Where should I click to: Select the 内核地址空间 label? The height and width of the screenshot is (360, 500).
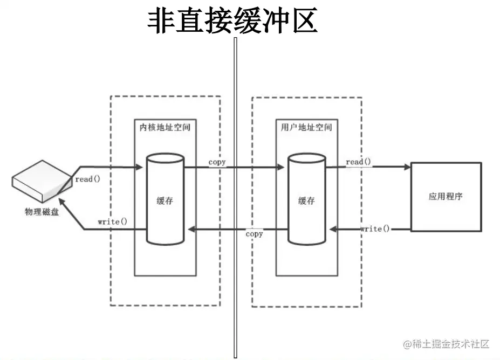tap(165, 128)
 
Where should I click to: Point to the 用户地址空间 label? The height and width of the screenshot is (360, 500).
tap(306, 128)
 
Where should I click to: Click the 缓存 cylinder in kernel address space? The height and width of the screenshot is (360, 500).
tap(166, 199)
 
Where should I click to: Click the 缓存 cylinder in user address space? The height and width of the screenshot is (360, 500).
tap(306, 199)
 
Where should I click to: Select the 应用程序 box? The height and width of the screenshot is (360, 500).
tap(446, 197)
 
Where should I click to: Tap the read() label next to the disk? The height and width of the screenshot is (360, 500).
tap(87, 179)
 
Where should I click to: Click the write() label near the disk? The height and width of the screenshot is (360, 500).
tap(112, 221)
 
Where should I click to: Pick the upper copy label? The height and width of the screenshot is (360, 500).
tap(217, 162)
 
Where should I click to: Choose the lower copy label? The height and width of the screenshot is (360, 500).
tap(254, 234)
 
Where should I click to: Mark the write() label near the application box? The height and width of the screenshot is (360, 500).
tap(375, 229)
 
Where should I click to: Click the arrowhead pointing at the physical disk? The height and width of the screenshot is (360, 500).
tap(62, 204)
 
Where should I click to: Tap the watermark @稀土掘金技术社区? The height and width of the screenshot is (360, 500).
tap(444, 343)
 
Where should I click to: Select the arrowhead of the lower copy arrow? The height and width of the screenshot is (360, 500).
tap(189, 230)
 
